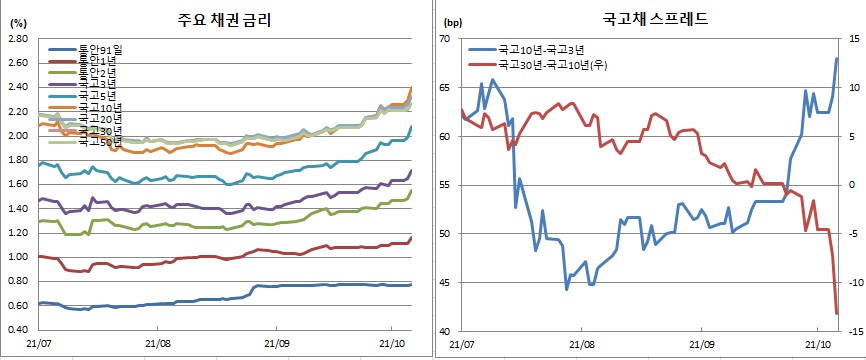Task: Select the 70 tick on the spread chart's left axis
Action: point(446,39)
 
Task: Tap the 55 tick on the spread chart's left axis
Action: point(446,185)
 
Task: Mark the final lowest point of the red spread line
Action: point(836,314)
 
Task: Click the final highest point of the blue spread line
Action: point(836,58)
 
